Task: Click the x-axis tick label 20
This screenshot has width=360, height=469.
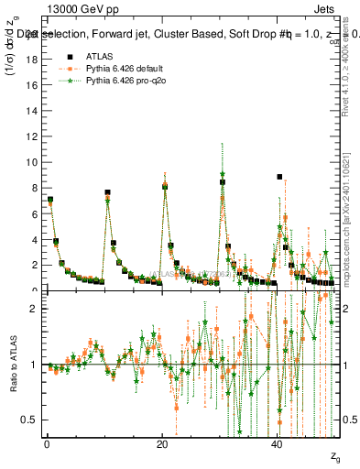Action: [162, 443]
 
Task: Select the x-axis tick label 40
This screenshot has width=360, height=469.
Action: [278, 443]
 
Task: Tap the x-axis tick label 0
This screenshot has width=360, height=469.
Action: [47, 443]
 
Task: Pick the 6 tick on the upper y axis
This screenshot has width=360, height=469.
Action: [34, 213]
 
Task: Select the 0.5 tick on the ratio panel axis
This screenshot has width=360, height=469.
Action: [30, 420]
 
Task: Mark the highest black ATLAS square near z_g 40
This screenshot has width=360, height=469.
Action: [279, 177]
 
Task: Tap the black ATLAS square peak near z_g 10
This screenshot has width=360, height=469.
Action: [107, 192]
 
